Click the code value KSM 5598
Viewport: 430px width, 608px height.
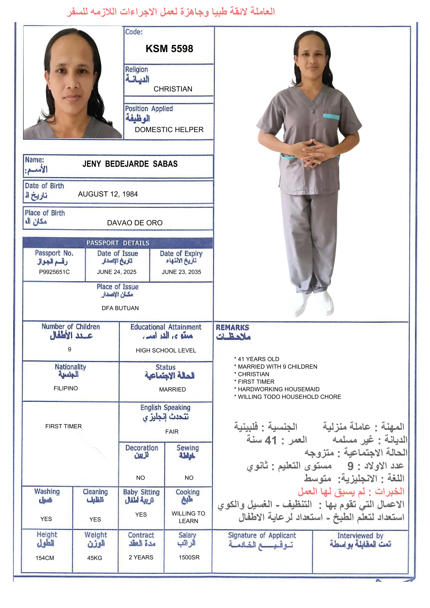pyautogui.click(x=169, y=49)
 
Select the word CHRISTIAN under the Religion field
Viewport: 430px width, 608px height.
pyautogui.click(x=173, y=89)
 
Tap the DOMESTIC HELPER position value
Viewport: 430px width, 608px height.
pyautogui.click(x=169, y=130)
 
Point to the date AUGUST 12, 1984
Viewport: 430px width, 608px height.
pyautogui.click(x=108, y=194)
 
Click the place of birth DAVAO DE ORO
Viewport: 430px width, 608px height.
pyautogui.click(x=134, y=223)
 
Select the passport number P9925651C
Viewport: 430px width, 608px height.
pyautogui.click(x=54, y=272)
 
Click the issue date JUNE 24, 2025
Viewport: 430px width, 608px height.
pyautogui.click(x=117, y=272)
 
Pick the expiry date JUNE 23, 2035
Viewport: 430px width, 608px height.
pyautogui.click(x=181, y=272)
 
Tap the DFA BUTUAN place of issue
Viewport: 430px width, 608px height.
pyautogui.click(x=120, y=308)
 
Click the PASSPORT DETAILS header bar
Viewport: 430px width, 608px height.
pyautogui.click(x=118, y=243)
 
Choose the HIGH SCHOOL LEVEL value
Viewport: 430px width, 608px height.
pyautogui.click(x=166, y=350)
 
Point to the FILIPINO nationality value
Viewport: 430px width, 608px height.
pyautogui.click(x=66, y=388)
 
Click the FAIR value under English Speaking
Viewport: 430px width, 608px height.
pyautogui.click(x=172, y=432)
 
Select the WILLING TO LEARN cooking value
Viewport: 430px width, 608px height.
pyautogui.click(x=188, y=517)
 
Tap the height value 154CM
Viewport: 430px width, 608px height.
pyautogui.click(x=45, y=558)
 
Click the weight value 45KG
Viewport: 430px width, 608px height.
pyautogui.click(x=95, y=558)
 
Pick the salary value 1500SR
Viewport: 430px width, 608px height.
pyautogui.click(x=189, y=558)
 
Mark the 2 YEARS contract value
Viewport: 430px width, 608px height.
pyautogui.click(x=141, y=558)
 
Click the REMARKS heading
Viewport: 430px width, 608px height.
pyautogui.click(x=232, y=328)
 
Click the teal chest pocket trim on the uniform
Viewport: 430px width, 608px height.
pyautogui.click(x=331, y=116)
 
